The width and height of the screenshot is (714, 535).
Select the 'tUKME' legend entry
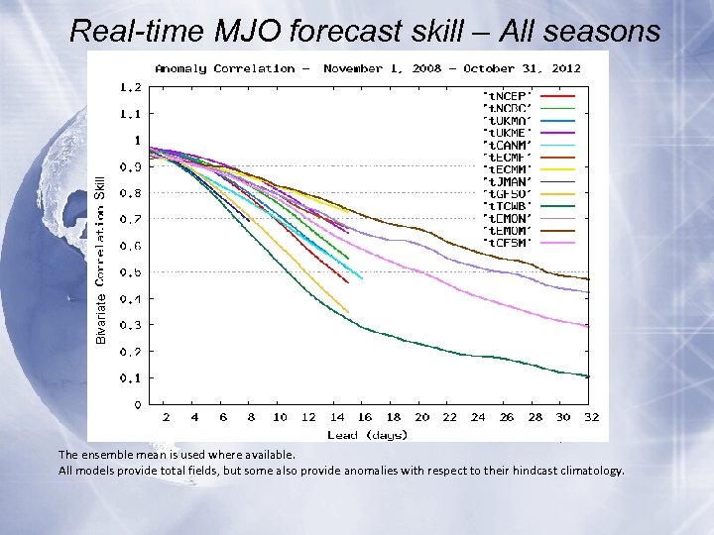coord(507,131)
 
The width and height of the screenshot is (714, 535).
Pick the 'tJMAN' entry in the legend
coord(507,180)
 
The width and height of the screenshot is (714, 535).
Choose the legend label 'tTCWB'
coord(507,205)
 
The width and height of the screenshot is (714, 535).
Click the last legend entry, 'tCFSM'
coord(507,242)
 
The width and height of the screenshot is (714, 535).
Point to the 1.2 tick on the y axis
coord(131,87)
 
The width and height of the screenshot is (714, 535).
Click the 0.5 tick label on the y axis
coord(131,272)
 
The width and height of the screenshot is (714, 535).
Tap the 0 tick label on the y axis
coord(137,405)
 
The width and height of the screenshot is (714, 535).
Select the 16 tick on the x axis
coord(366,418)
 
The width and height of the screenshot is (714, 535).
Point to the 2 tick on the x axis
coord(167,418)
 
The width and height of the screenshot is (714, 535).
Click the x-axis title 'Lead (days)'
coord(367,434)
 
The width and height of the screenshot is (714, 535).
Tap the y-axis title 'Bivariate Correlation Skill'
coord(100,261)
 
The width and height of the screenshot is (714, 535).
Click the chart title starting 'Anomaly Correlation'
coord(367,68)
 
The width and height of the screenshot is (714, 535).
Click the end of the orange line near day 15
coord(348,312)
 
